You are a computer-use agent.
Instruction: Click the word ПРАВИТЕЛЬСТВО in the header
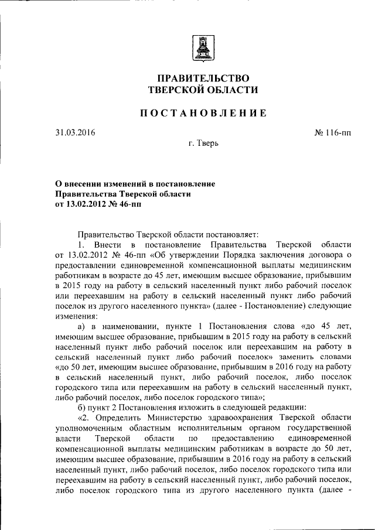(202, 78)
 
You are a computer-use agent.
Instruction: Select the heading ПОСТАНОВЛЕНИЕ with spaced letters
(202, 112)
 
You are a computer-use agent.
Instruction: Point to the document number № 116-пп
(333, 132)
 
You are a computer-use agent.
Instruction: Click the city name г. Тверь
(202, 143)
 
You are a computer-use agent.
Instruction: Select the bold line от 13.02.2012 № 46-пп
(98, 204)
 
